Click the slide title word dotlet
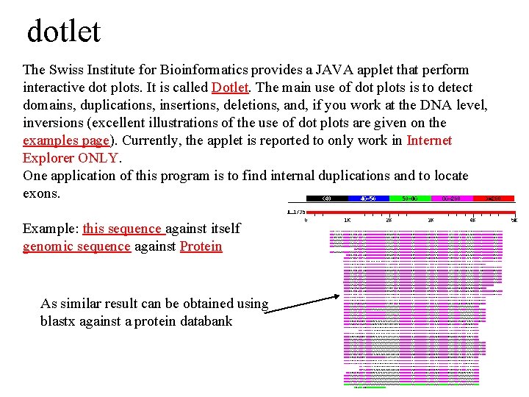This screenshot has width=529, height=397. pyautogui.click(x=63, y=32)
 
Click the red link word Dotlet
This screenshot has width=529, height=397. pyautogui.click(x=231, y=87)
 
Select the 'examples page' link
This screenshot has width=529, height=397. pyautogui.click(x=66, y=140)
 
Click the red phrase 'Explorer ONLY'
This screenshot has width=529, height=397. pyautogui.click(x=70, y=158)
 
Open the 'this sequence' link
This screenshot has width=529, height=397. pyautogui.click(x=122, y=229)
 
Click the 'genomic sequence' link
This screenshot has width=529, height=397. pyautogui.click(x=76, y=246)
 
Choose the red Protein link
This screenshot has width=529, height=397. pyautogui.click(x=201, y=246)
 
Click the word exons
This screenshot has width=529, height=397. pyautogui.click(x=41, y=193)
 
